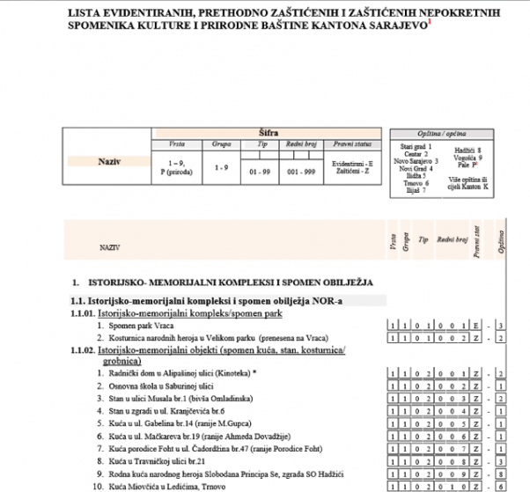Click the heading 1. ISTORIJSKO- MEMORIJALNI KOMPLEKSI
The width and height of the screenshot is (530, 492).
pos(225,283)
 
